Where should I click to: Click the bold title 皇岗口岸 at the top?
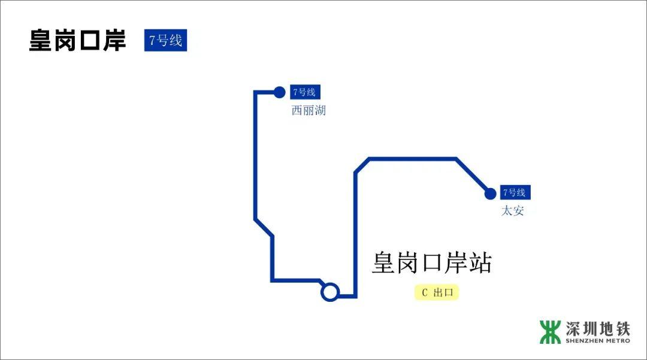point(78,40)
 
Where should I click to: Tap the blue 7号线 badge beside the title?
point(165,41)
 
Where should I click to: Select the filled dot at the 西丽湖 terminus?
point(279,92)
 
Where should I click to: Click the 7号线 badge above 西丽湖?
point(305,92)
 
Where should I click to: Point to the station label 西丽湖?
point(309,111)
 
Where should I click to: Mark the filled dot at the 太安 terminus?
point(490,193)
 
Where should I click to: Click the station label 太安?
point(512,211)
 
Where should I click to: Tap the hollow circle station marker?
point(330,292)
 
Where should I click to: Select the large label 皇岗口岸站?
point(431,263)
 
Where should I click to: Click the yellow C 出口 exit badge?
point(436,292)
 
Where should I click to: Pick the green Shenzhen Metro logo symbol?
point(550,332)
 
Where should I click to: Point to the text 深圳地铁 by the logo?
point(597,328)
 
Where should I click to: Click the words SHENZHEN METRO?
point(597,341)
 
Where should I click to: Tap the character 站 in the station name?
point(479,263)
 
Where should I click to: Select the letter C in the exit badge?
point(425,292)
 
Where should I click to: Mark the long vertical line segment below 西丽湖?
point(255,156)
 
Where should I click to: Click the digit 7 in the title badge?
point(153,41)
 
